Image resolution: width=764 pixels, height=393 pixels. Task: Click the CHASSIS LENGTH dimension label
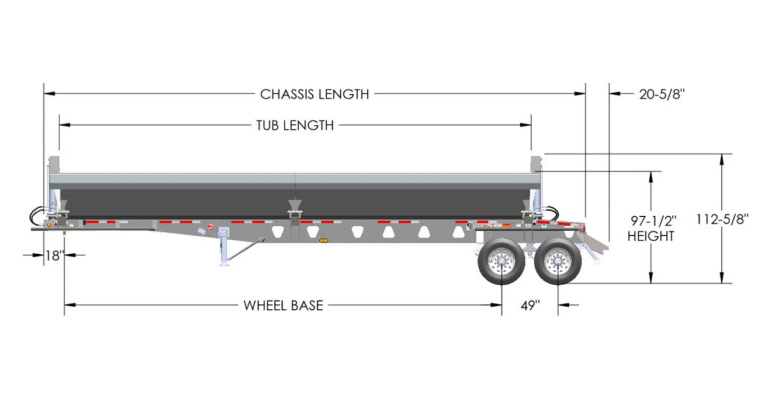314,94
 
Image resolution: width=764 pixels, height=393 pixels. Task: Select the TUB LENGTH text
295,125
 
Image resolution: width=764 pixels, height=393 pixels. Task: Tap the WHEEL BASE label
283,305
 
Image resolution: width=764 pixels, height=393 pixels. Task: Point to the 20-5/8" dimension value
662,94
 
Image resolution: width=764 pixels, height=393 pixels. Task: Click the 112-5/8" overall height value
722,220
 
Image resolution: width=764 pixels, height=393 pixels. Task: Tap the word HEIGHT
651,236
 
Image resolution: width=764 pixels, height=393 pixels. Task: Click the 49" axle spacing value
529,305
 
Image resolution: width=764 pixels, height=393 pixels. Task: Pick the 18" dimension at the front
54,255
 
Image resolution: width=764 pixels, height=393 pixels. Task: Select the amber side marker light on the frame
323,240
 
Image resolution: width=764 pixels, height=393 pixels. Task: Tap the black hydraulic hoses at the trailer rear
553,212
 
